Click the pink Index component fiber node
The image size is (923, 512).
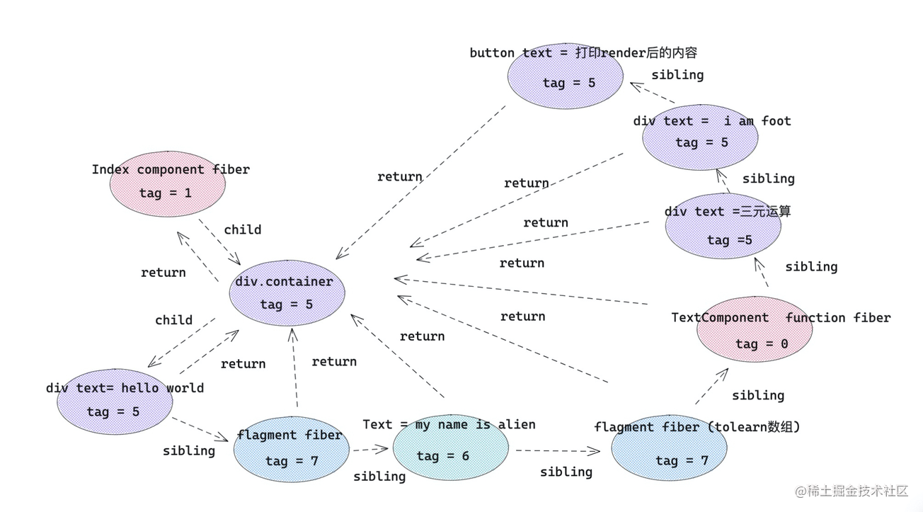pos(168,183)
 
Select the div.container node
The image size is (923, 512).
pos(287,293)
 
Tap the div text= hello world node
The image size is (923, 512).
pos(115,401)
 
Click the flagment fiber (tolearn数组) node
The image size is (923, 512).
pos(669,448)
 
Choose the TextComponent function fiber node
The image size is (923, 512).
pos(754,330)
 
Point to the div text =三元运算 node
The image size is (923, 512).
pos(723,226)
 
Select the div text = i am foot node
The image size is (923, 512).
pos(700,137)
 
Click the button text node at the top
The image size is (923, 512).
pos(566,76)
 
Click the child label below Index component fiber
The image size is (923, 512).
pos(242,229)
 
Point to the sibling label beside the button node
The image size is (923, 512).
pos(677,74)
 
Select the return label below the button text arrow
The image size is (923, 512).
pos(399,176)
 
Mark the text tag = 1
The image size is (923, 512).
pos(165,193)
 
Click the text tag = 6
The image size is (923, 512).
pos(442,456)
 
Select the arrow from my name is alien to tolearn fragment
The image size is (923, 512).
pos(557,450)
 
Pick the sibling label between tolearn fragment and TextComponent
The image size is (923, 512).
pos(757,395)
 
